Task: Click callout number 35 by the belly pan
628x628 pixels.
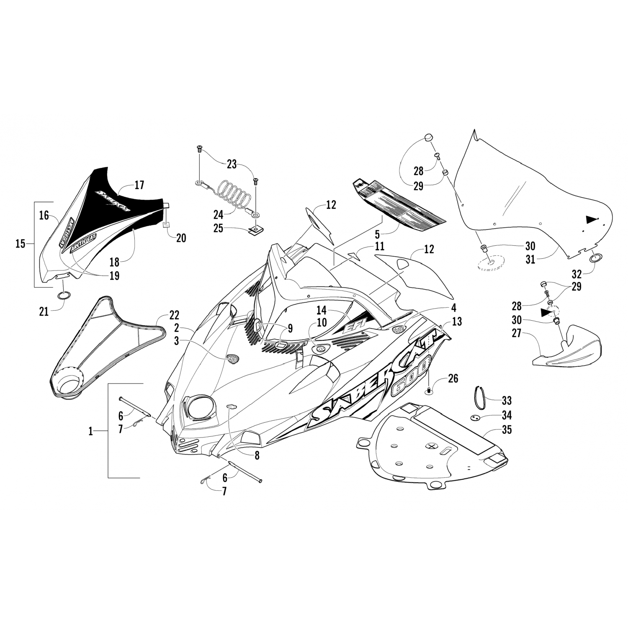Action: tap(507, 430)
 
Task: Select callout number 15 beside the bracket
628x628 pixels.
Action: tap(21, 243)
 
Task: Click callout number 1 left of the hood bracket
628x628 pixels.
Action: tap(90, 431)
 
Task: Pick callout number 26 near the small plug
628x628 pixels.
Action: tap(453, 378)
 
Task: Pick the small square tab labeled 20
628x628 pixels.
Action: tap(167, 224)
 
